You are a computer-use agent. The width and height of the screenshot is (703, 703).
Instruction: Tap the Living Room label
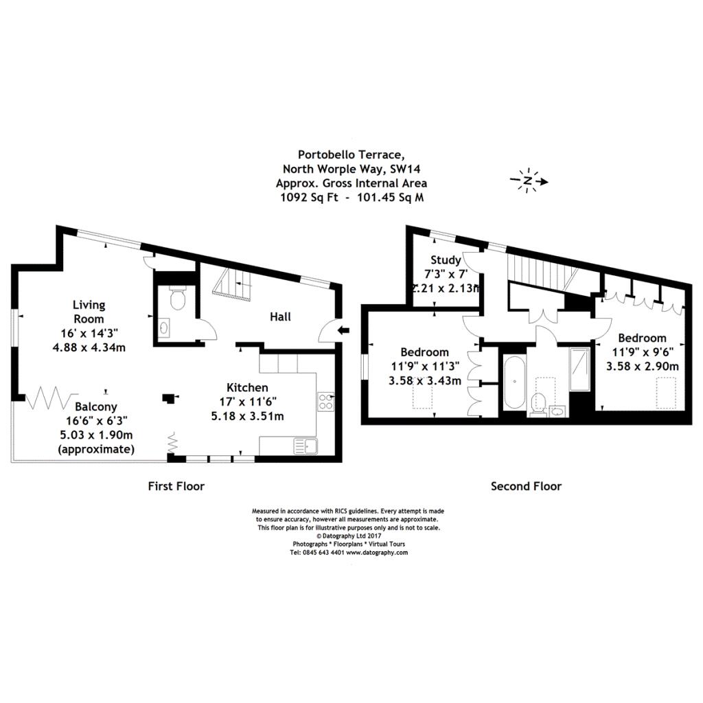pos(89,312)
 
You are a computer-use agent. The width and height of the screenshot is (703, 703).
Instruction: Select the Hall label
pos(280,316)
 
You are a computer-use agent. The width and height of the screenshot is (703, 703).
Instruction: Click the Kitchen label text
pos(249,388)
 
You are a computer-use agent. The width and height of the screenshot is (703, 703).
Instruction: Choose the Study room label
pos(445,260)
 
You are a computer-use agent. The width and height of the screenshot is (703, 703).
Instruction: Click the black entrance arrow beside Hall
pos(344,331)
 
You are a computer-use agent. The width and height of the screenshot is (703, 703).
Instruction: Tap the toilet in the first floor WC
pos(176,299)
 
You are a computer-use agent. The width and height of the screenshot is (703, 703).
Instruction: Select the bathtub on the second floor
pos(512,381)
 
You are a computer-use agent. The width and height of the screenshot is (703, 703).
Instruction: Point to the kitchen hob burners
pos(325,402)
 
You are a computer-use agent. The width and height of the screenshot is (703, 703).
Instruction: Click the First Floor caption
pos(176,486)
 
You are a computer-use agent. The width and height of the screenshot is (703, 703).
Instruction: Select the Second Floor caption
pos(526,486)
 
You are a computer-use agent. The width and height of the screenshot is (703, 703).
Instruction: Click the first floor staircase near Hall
pos(231,283)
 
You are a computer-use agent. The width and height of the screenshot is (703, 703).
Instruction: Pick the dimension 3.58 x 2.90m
pos(642,366)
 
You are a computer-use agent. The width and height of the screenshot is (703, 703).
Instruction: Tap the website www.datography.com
pos(377,551)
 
